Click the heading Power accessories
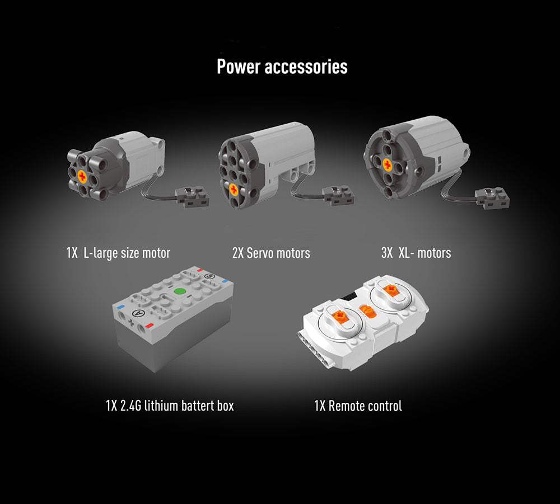[x=282, y=67]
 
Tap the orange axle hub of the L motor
[x=82, y=176]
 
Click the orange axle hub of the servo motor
[x=233, y=190]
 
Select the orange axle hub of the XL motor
[x=388, y=164]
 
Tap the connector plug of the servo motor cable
[x=338, y=195]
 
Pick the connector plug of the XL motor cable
[x=492, y=198]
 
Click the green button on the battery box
[x=180, y=291]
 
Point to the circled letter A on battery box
[x=137, y=313]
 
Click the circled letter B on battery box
[x=209, y=276]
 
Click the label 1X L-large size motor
[x=118, y=253]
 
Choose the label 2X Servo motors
[x=271, y=253]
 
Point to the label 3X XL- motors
[x=416, y=253]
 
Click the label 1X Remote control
[x=358, y=406]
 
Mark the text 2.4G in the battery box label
[x=130, y=406]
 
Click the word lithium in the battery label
[x=161, y=406]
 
